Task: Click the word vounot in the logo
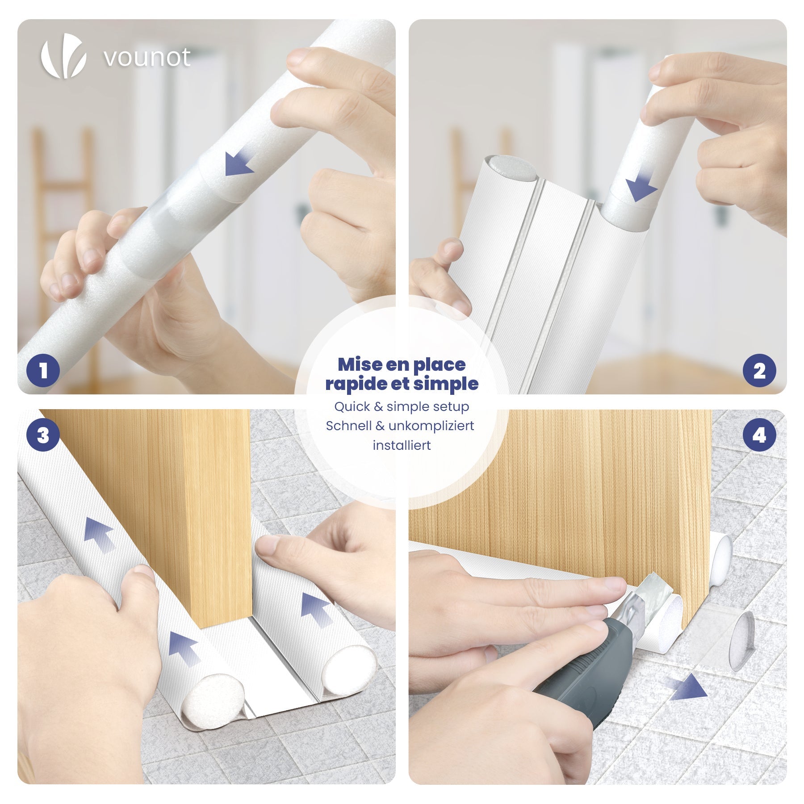[x=147, y=58]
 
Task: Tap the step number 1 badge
[x=43, y=370]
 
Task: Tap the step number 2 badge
[x=759, y=370]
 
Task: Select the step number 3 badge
[x=43, y=435]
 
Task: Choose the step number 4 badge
[x=759, y=435]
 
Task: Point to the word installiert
[x=402, y=445]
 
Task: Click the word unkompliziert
[x=431, y=426]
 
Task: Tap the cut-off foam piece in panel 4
[x=737, y=643]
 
